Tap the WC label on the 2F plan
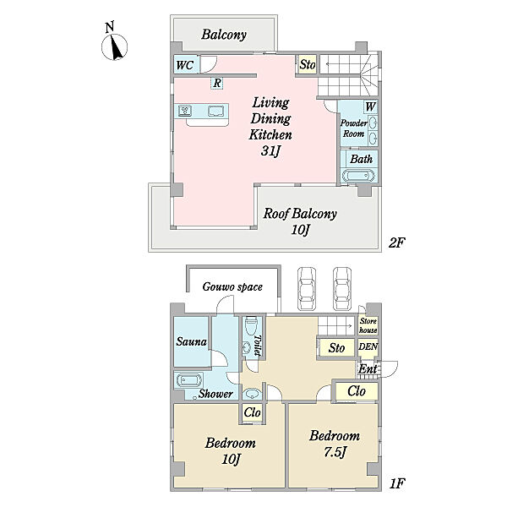pyautogui.click(x=184, y=65)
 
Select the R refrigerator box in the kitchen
pyautogui.click(x=217, y=83)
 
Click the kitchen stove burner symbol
pyautogui.click(x=185, y=111)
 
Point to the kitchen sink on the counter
pyautogui.click(x=215, y=112)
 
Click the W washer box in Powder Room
pyautogui.click(x=370, y=106)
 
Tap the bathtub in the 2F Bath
pyautogui.click(x=359, y=177)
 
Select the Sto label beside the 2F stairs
pyautogui.click(x=308, y=64)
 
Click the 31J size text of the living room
pyautogui.click(x=270, y=150)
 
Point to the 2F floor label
pyautogui.click(x=397, y=243)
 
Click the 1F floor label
pyautogui.click(x=397, y=483)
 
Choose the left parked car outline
pyautogui.click(x=307, y=289)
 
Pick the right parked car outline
pyautogui.click(x=342, y=289)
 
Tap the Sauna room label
pyautogui.click(x=192, y=341)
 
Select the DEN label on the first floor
pyautogui.click(x=368, y=346)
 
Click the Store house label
pyautogui.click(x=368, y=325)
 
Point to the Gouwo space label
pyautogui.click(x=232, y=286)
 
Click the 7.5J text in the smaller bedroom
pyautogui.click(x=335, y=452)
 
